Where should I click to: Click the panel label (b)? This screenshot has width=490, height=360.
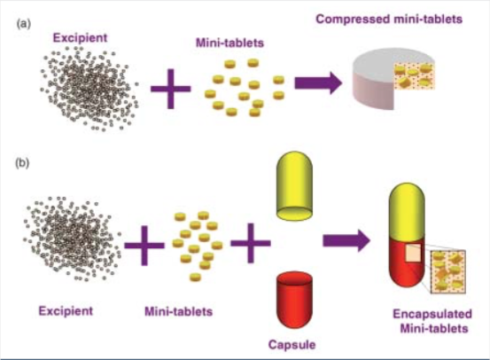tap(25, 163)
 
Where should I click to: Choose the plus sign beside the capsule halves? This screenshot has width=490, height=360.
tap(250, 242)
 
